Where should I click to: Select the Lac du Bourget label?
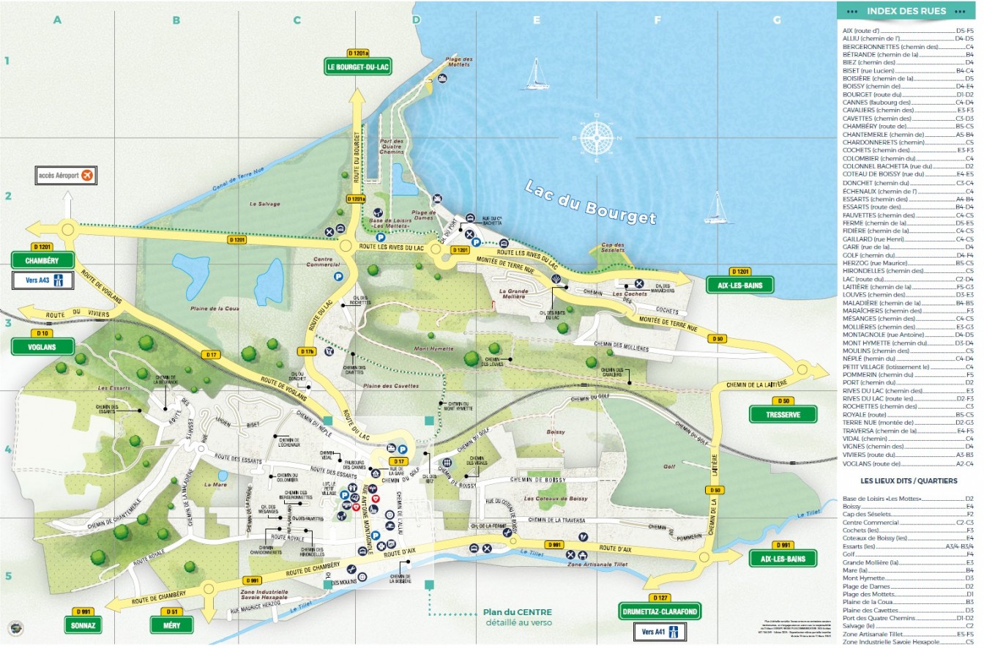tap(590, 202)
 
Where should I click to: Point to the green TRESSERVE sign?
tap(783, 414)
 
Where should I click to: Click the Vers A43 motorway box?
tap(43, 280)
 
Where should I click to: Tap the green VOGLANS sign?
tap(43, 346)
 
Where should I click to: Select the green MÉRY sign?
tap(172, 625)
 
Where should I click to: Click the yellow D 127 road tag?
tap(659, 597)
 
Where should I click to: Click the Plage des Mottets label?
tap(459, 62)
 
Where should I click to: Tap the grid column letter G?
tap(777, 20)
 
